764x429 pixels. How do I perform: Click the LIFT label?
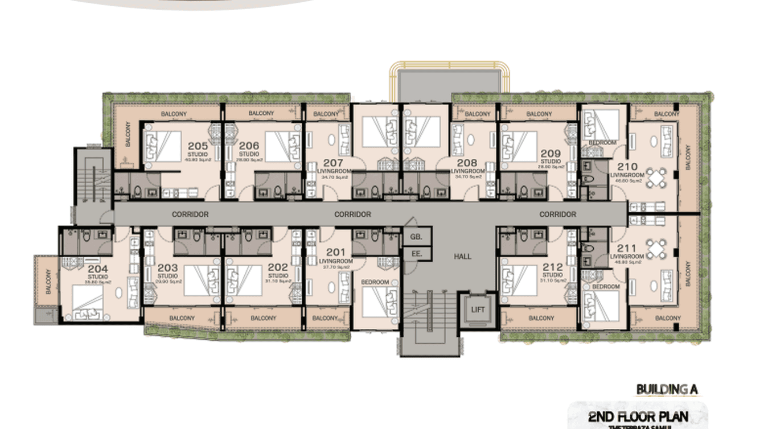477,310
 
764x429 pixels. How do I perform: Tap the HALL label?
462,257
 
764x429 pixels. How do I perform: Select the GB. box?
416,236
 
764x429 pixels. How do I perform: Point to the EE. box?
416,254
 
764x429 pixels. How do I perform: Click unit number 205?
198,146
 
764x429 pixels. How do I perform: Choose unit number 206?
249,146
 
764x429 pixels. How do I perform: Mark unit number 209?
551,154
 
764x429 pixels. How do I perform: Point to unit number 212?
552,267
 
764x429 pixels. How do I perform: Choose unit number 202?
277,267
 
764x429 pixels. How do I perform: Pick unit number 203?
167,267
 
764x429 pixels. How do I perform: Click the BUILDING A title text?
666,390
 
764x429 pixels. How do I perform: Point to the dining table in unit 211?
656,249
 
